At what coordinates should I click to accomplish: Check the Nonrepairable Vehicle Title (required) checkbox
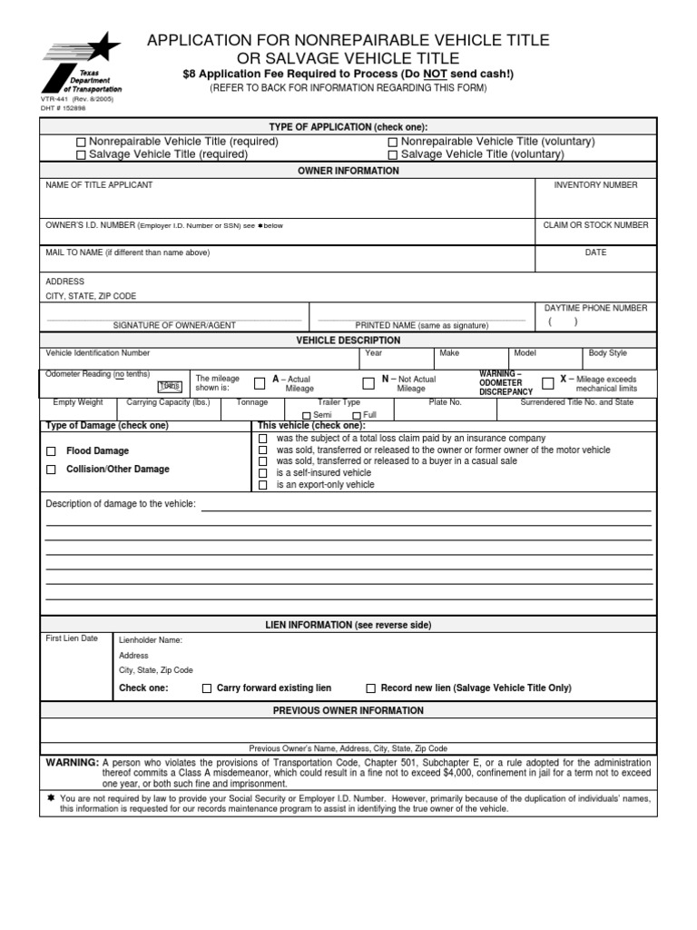pos(81,143)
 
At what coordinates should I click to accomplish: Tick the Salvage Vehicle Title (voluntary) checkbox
pos(393,155)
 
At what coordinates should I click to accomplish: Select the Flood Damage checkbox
pos(51,451)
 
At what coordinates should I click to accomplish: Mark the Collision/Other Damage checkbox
pos(51,470)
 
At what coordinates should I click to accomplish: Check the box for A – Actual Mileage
pos(260,383)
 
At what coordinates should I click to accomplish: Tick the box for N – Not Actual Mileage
pos(368,383)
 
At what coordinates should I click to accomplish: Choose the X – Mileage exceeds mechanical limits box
pos(547,383)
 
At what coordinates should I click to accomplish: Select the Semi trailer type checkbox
pos(306,415)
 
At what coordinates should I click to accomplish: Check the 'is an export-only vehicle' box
pos(263,485)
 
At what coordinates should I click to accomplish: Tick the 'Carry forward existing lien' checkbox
pos(207,688)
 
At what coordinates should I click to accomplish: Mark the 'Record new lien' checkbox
pos(370,688)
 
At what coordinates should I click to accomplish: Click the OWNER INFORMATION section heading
pos(348,171)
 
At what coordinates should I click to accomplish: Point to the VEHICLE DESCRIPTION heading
pos(348,341)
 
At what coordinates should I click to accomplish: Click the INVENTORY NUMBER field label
pos(595,185)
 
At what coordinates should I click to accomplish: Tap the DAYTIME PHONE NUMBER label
pos(595,309)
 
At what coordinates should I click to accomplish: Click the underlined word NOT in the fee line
pos(423,74)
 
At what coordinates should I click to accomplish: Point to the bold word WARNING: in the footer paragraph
pos(72,763)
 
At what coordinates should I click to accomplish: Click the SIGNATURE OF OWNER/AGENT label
pos(174,325)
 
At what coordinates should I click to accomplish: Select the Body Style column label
pos(607,353)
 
